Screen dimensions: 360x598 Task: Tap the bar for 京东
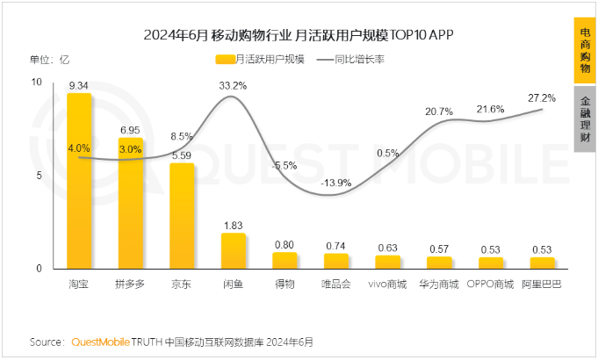(182, 216)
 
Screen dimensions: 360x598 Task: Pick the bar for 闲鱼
(233, 251)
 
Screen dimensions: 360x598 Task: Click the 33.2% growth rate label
(233, 85)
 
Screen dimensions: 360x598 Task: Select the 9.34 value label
(79, 86)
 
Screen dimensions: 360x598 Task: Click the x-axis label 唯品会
(335, 284)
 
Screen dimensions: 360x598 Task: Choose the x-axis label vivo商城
(387, 284)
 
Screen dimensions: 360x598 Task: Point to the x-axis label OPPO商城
(490, 284)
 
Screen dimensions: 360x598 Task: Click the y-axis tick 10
(35, 82)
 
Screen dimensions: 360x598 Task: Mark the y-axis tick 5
(38, 176)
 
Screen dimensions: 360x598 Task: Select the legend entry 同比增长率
(361, 60)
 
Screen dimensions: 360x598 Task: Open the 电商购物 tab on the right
(585, 49)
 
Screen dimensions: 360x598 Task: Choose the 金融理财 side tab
(585, 120)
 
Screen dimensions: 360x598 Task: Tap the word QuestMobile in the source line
(101, 341)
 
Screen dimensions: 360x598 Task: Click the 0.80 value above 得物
(285, 245)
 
